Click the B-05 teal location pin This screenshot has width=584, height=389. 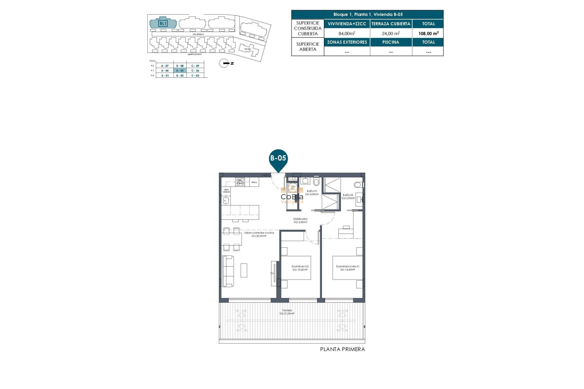278,159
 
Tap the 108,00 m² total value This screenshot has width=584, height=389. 428,33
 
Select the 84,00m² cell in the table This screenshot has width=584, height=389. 347,33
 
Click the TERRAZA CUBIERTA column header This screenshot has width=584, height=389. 391,24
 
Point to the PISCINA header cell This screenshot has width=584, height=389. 391,42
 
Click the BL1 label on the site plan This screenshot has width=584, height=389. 163,23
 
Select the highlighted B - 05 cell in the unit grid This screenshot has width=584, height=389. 180,71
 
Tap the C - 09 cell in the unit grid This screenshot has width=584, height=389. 195,66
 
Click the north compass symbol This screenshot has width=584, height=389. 224,63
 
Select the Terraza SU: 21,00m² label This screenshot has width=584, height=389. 287,312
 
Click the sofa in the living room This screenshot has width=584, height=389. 228,271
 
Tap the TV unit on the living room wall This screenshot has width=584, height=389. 274,273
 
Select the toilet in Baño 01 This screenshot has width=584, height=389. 316,182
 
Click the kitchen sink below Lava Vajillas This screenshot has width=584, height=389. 226,200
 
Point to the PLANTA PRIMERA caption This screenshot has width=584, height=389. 342,349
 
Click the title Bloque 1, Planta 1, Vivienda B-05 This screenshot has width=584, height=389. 367,15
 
